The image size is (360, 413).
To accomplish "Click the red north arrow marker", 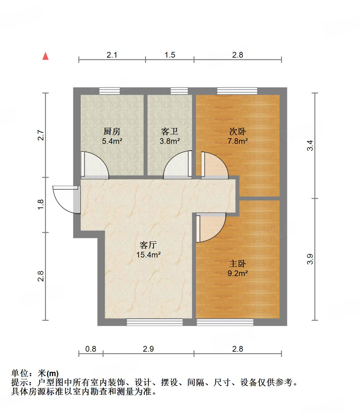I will [46, 56].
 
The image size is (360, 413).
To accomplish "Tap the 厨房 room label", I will [112, 131].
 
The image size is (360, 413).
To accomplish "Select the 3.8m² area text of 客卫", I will [170, 141].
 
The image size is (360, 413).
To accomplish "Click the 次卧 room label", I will [238, 131].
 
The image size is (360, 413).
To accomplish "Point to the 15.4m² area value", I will [148, 255].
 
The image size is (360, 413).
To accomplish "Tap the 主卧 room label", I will [238, 263].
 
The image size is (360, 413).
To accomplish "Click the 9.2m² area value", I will [238, 274].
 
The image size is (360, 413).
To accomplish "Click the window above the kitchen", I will [110, 91].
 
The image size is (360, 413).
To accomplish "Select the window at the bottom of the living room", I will [155, 322].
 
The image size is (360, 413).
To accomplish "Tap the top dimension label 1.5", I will [170, 55].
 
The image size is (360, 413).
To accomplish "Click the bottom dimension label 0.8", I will [91, 349].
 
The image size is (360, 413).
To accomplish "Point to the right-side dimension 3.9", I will [310, 259].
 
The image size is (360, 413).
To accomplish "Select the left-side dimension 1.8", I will [41, 205].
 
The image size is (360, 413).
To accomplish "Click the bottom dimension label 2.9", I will [148, 349].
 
